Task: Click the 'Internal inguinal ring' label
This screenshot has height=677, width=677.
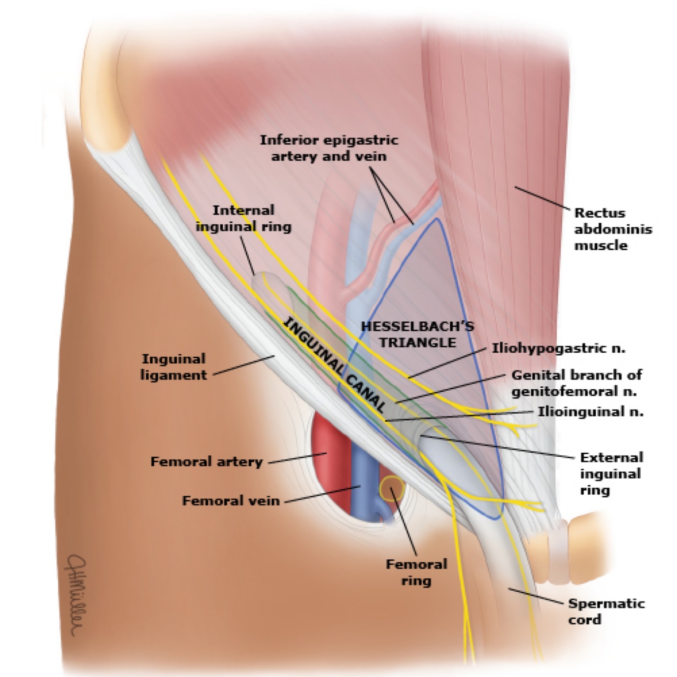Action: pos(244,218)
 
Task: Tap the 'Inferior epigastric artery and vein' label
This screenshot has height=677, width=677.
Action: pos(329,148)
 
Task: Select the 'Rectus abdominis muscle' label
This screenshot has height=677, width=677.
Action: pos(613,229)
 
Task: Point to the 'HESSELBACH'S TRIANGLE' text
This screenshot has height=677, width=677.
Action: pos(417,334)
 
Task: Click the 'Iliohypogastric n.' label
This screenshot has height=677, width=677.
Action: pos(558,348)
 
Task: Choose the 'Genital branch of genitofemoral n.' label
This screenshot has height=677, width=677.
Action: pos(577,383)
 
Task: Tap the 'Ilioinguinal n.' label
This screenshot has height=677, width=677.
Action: pos(591,411)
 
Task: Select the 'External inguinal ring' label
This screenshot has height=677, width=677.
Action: pos(611,473)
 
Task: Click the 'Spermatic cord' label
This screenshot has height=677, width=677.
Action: pos(606,611)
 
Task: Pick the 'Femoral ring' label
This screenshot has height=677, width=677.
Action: pos(416,572)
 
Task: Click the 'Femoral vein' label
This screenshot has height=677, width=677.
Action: pos(231,501)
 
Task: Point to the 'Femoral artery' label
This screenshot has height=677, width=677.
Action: pos(207,462)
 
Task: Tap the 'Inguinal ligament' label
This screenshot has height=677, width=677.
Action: pos(174,367)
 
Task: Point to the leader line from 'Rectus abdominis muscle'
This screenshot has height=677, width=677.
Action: pos(541,198)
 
